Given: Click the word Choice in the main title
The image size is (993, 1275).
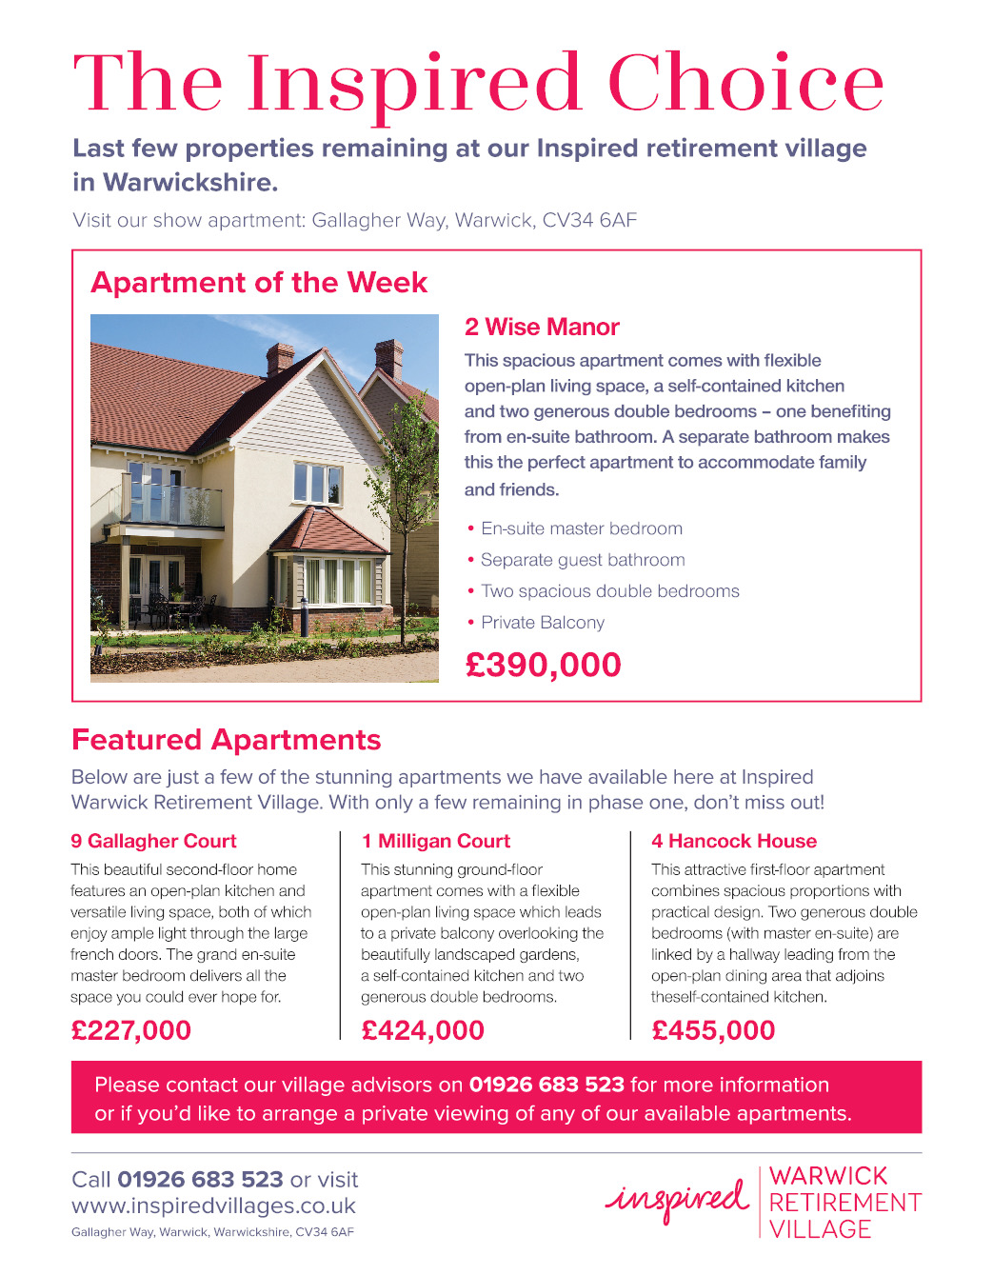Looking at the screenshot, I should point(745,83).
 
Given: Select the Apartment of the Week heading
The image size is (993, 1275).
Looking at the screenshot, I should point(259,282).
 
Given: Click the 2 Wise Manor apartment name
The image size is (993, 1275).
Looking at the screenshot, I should point(542,327).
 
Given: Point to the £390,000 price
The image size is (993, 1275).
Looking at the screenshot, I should point(543,665).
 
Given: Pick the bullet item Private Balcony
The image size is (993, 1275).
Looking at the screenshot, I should point(543,622).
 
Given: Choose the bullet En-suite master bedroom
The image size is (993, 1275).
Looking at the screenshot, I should point(581,528).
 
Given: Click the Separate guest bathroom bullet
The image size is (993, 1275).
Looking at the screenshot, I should point(583,560).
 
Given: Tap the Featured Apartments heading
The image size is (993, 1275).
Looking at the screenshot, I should point(227,740).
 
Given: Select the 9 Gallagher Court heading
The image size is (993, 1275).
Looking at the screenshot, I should point(153,841).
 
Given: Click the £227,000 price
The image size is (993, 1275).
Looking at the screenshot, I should point(131,1030).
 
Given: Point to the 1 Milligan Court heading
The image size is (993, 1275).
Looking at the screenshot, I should point(436,841).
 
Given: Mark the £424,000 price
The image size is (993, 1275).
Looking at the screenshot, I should point(423,1030).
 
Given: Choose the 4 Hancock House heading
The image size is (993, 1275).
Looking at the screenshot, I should point(734,841).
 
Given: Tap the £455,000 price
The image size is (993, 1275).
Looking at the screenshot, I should point(713,1030).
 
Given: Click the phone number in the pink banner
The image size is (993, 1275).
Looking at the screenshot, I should point(546,1085).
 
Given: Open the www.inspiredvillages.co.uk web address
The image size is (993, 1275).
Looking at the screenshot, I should point(213,1205).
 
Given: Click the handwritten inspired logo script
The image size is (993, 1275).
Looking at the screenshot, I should point(677,1200).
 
